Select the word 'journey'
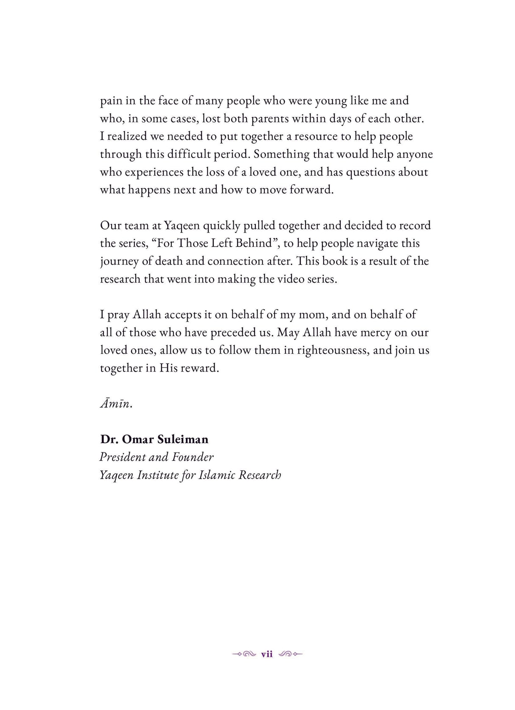click(120, 261)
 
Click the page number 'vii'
click(267, 655)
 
